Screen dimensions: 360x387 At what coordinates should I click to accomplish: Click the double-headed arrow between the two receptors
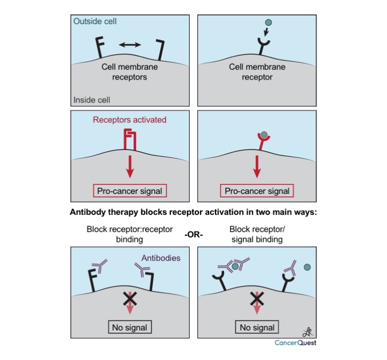(130, 45)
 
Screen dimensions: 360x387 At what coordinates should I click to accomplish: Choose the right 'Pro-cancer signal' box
(256, 191)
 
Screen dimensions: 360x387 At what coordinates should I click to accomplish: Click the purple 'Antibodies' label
(160, 257)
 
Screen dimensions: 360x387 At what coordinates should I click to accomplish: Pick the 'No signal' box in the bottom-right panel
(256, 326)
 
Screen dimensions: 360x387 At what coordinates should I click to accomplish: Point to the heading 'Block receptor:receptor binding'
(128, 234)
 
